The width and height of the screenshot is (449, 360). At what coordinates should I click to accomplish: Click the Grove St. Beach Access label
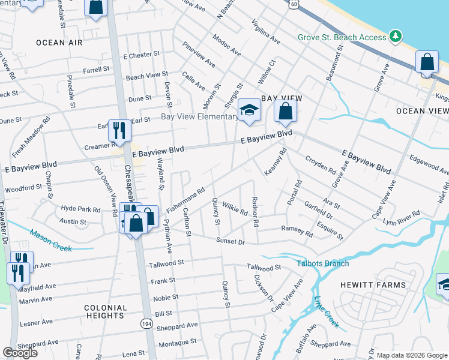click(342, 37)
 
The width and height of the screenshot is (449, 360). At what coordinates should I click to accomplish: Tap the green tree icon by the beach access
click(395, 37)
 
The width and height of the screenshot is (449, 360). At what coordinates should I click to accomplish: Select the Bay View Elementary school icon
click(249, 110)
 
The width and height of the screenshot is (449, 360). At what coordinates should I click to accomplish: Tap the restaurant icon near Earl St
click(119, 130)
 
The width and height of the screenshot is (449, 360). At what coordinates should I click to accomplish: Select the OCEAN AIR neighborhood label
click(59, 42)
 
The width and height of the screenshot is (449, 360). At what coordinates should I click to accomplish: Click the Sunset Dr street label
click(231, 241)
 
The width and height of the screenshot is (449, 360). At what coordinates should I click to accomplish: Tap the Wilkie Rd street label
click(235, 209)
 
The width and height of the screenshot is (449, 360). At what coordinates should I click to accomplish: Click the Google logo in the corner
click(20, 353)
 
